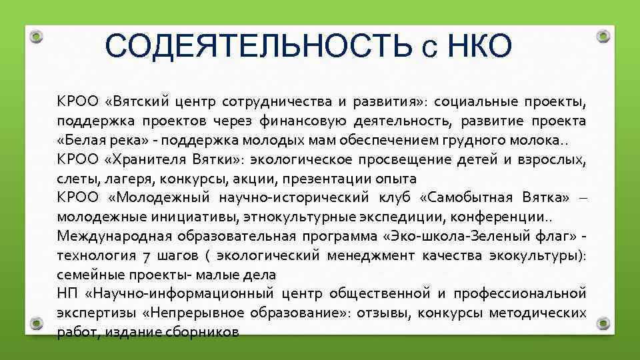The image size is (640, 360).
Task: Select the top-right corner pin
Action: coord(603,36)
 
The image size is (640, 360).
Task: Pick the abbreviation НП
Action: coord(67,293)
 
